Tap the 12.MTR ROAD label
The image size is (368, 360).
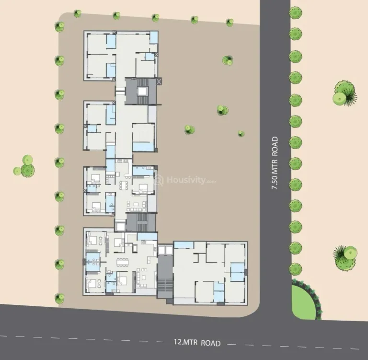coord(197,343)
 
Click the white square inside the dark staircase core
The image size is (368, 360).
coord(142,91)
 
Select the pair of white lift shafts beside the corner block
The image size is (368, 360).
coord(164,250)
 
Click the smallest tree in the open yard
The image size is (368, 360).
coord(241,134)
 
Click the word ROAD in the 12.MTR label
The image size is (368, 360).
coord(211,343)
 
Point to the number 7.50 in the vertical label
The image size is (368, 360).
coord(275,182)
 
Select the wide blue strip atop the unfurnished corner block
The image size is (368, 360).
coord(183,245)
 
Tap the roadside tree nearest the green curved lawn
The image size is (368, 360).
coord(296,268)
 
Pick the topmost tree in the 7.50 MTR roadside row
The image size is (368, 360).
coord(296,11)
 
